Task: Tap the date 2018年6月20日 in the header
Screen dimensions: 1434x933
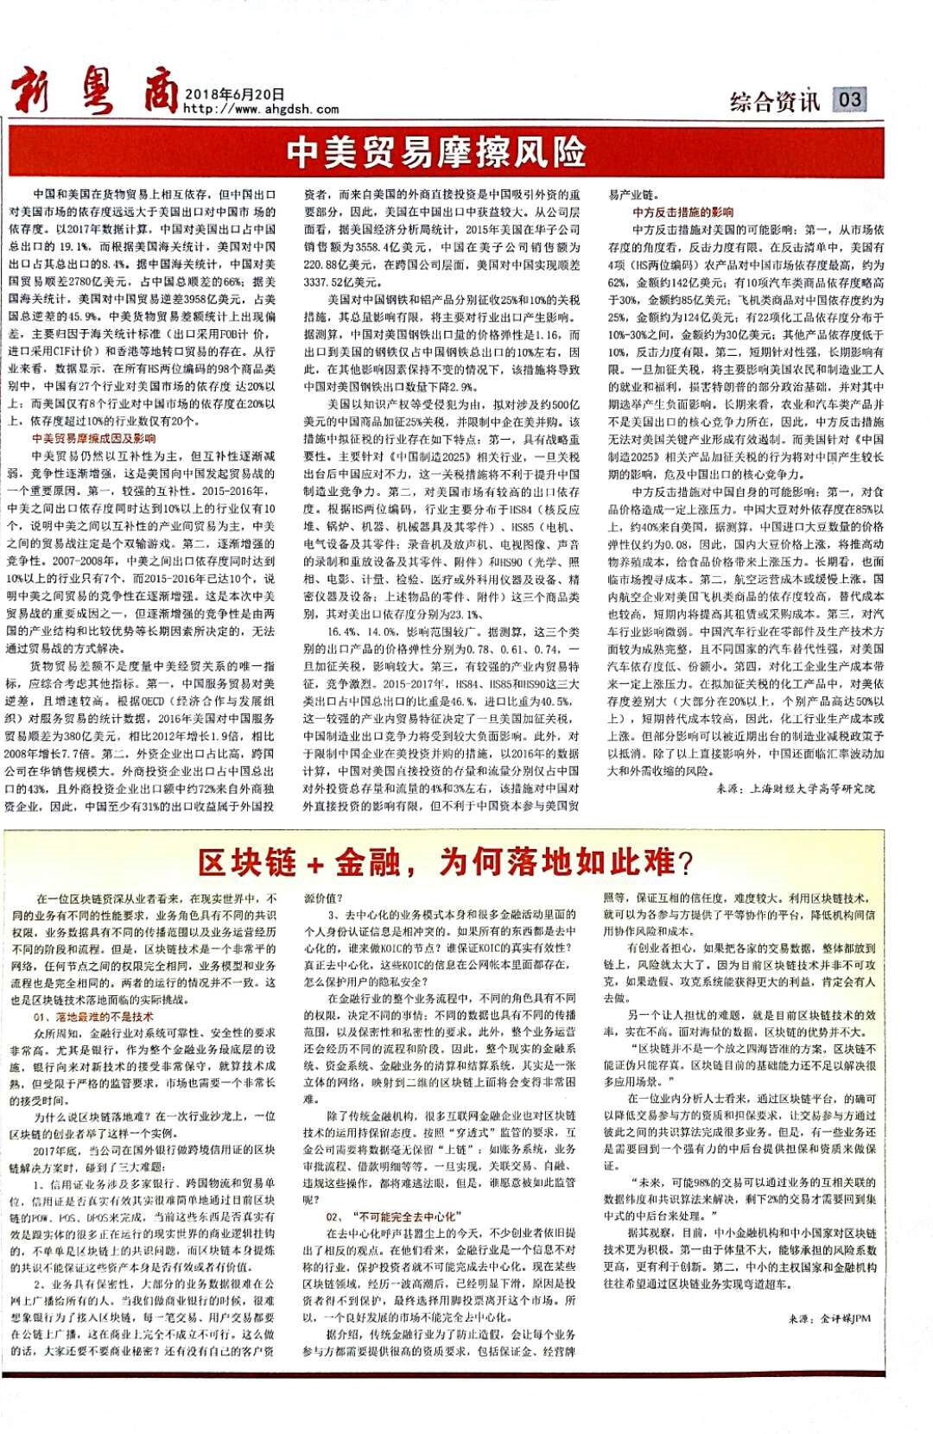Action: click(x=234, y=95)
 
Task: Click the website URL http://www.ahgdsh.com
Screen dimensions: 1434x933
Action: click(x=260, y=110)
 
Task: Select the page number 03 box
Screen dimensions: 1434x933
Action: click(x=849, y=99)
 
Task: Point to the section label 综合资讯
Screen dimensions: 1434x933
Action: click(x=774, y=101)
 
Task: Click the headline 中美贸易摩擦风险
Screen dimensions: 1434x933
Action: click(x=436, y=153)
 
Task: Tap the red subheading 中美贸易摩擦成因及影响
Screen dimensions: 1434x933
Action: click(x=93, y=439)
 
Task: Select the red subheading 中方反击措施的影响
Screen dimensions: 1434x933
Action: click(x=682, y=213)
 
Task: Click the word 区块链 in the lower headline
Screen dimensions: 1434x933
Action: click(x=247, y=861)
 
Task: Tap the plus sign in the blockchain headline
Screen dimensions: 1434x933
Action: click(x=314, y=863)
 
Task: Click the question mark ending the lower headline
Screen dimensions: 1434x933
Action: click(x=686, y=861)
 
